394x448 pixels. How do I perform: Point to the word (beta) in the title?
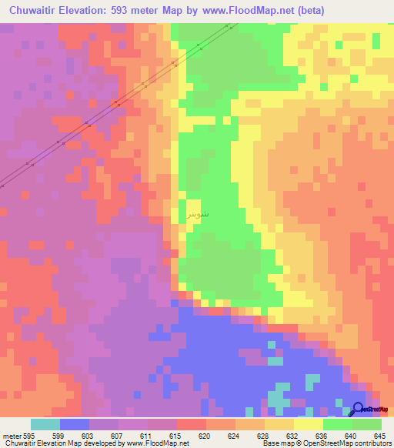coord(310,10)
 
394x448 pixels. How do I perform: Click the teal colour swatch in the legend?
coord(45,424)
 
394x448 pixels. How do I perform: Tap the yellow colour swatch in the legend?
coord(309,424)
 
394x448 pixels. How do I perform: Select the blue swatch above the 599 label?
coord(74,424)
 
